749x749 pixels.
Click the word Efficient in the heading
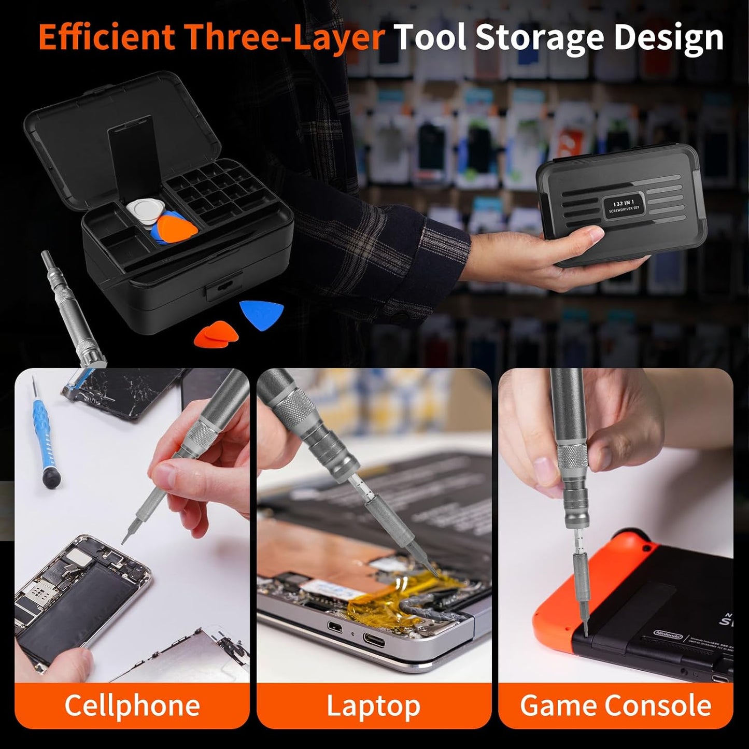107,37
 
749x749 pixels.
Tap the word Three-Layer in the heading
285,37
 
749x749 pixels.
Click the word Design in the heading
669,37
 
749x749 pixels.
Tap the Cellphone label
132,705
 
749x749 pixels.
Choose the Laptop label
373,705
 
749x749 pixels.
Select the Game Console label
616,705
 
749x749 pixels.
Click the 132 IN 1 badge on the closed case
624,204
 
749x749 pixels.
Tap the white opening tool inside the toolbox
142,212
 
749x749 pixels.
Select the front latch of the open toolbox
223,286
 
